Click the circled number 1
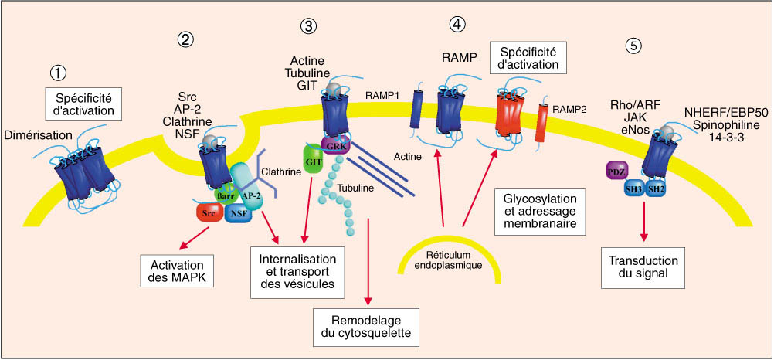tap(56, 73)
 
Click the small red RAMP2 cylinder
tap(541, 123)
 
